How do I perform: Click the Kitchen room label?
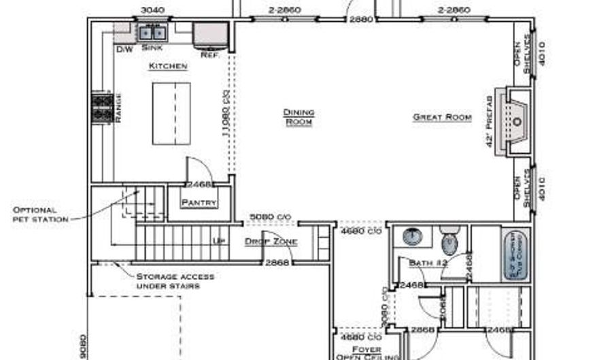168,67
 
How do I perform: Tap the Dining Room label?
299,117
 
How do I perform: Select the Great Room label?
442,117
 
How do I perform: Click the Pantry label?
199,203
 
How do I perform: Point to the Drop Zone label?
271,242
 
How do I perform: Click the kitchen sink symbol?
152,32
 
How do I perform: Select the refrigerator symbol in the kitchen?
210,35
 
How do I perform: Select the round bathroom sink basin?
411,237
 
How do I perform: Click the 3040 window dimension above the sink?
152,10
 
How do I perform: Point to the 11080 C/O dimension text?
224,113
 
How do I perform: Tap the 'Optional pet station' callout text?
40,214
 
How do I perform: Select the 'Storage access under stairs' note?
175,281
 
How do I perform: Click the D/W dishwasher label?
124,50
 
